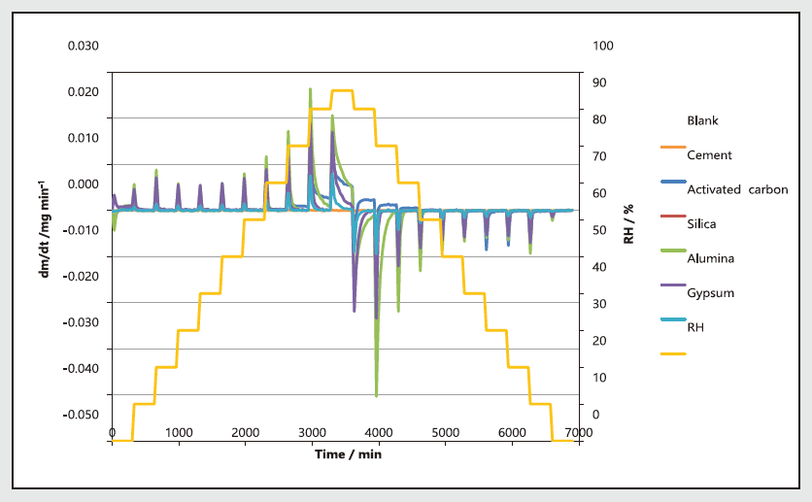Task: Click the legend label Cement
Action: (x=709, y=154)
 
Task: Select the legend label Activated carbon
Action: (x=737, y=189)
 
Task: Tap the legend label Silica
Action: (x=701, y=224)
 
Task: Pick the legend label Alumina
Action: (x=710, y=258)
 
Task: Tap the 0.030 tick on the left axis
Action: (x=83, y=46)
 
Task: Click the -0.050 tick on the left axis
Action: (x=83, y=415)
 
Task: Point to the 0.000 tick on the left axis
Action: (x=83, y=184)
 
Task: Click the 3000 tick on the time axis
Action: (x=311, y=432)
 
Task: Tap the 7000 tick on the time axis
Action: (x=577, y=432)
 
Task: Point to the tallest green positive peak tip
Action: (x=310, y=88)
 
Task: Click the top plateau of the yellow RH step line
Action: (x=341, y=90)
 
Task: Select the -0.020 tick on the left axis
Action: (x=83, y=276)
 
